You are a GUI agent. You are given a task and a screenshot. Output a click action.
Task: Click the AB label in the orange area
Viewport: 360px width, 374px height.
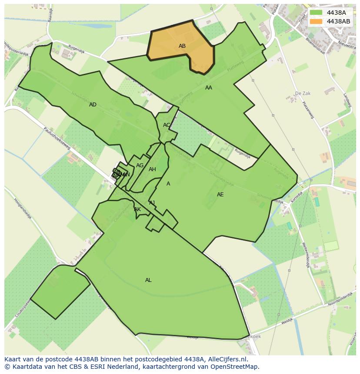pos(182,46)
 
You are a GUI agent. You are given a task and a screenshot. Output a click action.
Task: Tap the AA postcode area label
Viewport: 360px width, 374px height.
pos(209,88)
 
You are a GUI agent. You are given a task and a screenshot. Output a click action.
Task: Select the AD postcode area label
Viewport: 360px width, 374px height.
pos(93,105)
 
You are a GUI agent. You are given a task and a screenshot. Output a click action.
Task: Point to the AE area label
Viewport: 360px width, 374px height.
pos(220,195)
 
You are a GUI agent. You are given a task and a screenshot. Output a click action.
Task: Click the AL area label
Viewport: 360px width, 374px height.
pos(148,280)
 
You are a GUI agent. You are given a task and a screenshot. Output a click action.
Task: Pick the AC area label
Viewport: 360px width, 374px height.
pos(167,125)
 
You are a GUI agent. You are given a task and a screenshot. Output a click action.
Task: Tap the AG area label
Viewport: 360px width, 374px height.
pos(140,165)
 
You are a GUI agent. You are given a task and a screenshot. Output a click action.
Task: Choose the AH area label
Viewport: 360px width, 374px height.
pos(152,169)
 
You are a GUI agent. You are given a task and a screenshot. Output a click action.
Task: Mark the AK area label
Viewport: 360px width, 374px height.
pos(137,209)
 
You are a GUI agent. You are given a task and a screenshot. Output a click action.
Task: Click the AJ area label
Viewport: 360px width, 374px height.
pos(152,203)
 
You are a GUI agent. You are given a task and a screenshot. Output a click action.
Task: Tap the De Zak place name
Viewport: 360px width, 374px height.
pos(303,93)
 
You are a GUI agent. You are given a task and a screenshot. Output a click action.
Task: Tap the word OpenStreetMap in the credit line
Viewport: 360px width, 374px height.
pos(237,367)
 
